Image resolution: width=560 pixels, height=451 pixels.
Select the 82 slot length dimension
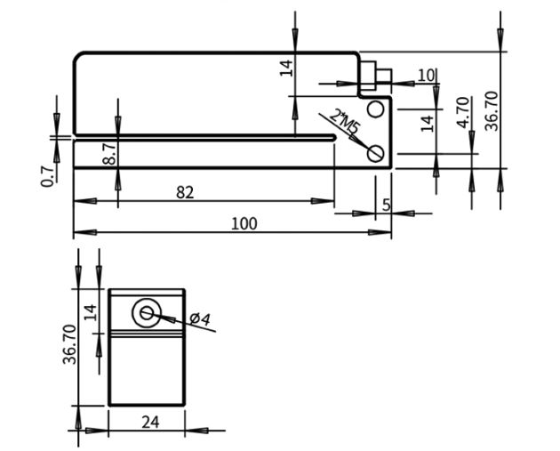(185, 191)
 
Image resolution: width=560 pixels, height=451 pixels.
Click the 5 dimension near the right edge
(386, 205)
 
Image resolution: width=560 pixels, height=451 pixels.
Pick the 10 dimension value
(426, 75)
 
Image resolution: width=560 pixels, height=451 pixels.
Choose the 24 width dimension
(149, 422)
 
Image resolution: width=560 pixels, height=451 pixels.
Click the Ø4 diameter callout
(201, 319)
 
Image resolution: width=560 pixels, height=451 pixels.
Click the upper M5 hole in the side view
(375, 109)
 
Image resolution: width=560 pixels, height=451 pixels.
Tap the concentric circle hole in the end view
(146, 311)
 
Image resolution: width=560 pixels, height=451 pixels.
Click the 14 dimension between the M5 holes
(428, 124)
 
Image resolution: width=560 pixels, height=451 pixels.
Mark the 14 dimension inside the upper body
(286, 68)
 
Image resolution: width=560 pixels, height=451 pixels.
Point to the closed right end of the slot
(334, 137)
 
